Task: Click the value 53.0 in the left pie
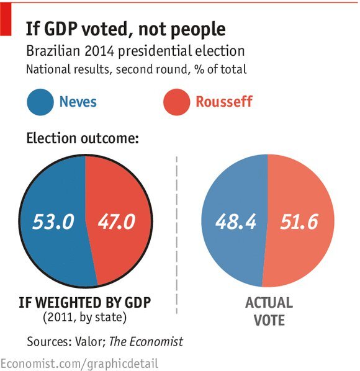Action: point(53,221)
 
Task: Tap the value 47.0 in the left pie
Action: point(117,221)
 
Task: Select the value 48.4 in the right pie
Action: point(236,221)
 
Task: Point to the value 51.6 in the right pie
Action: point(299,221)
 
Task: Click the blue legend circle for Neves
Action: point(40,102)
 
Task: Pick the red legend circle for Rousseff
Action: point(176,102)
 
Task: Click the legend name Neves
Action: point(78,102)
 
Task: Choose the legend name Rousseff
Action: point(224,102)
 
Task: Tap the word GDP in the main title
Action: point(61,29)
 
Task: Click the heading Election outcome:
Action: point(83,138)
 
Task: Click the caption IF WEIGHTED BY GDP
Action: point(85,302)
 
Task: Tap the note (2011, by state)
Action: point(85,317)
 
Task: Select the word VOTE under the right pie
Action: point(269,320)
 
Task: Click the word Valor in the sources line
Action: point(90,341)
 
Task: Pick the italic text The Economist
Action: point(146,341)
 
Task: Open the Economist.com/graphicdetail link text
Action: point(79,364)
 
